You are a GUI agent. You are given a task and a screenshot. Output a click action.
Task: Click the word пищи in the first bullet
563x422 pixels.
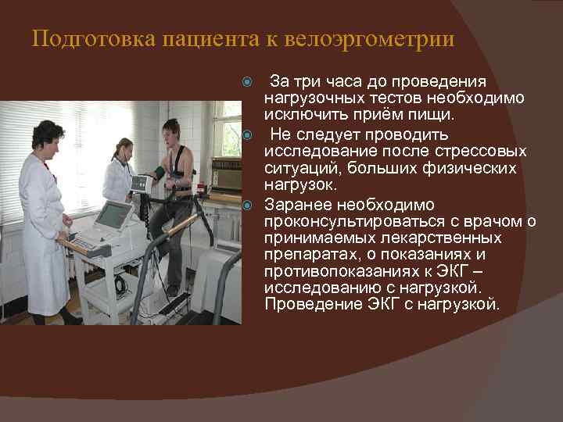pos(434,116)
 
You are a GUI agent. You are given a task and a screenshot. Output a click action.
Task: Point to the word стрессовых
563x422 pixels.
pos(488,151)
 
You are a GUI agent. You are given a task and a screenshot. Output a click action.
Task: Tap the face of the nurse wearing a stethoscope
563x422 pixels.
pos(125,149)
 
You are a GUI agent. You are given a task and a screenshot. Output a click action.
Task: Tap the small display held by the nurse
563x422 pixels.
pos(140,184)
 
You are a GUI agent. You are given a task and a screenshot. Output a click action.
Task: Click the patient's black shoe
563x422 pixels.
pos(171,291)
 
